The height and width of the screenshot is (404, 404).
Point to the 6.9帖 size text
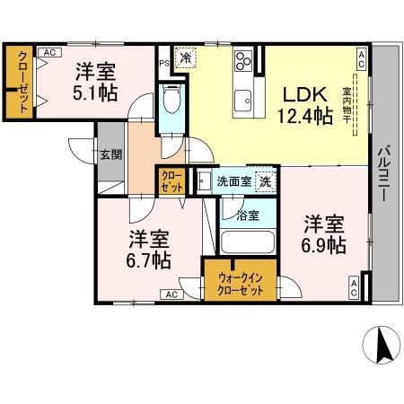[324, 245]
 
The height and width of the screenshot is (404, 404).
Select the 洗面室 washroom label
[233, 181]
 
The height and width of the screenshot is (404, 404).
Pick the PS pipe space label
[163, 64]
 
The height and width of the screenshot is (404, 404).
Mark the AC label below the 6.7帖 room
[170, 294]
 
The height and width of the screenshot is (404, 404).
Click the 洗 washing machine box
[265, 181]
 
